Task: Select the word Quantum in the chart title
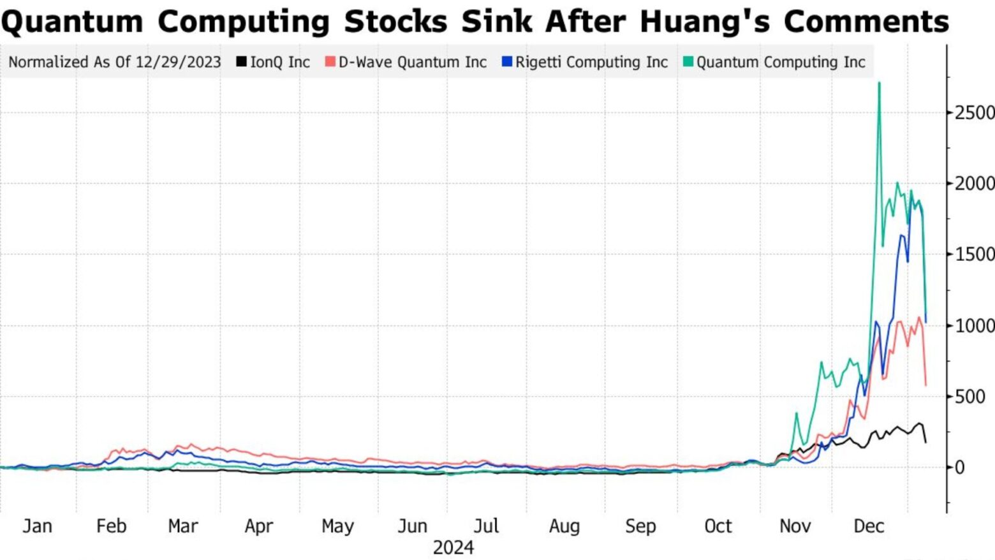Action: coord(72,22)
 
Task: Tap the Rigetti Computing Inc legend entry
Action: coord(585,62)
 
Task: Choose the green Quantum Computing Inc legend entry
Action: coord(774,62)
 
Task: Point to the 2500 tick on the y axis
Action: coord(974,113)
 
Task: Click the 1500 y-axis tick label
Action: coord(974,254)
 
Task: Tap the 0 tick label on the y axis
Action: coord(959,468)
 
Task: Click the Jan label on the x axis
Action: coord(37,526)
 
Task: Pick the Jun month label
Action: coord(412,526)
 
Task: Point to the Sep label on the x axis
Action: coord(640,526)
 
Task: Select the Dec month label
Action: coord(869,526)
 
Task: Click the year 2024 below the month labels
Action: coord(453,547)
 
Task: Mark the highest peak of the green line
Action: coord(880,83)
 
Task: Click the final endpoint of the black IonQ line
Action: coord(925,442)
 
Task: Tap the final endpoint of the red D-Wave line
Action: coord(925,385)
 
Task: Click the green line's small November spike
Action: coord(796,414)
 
